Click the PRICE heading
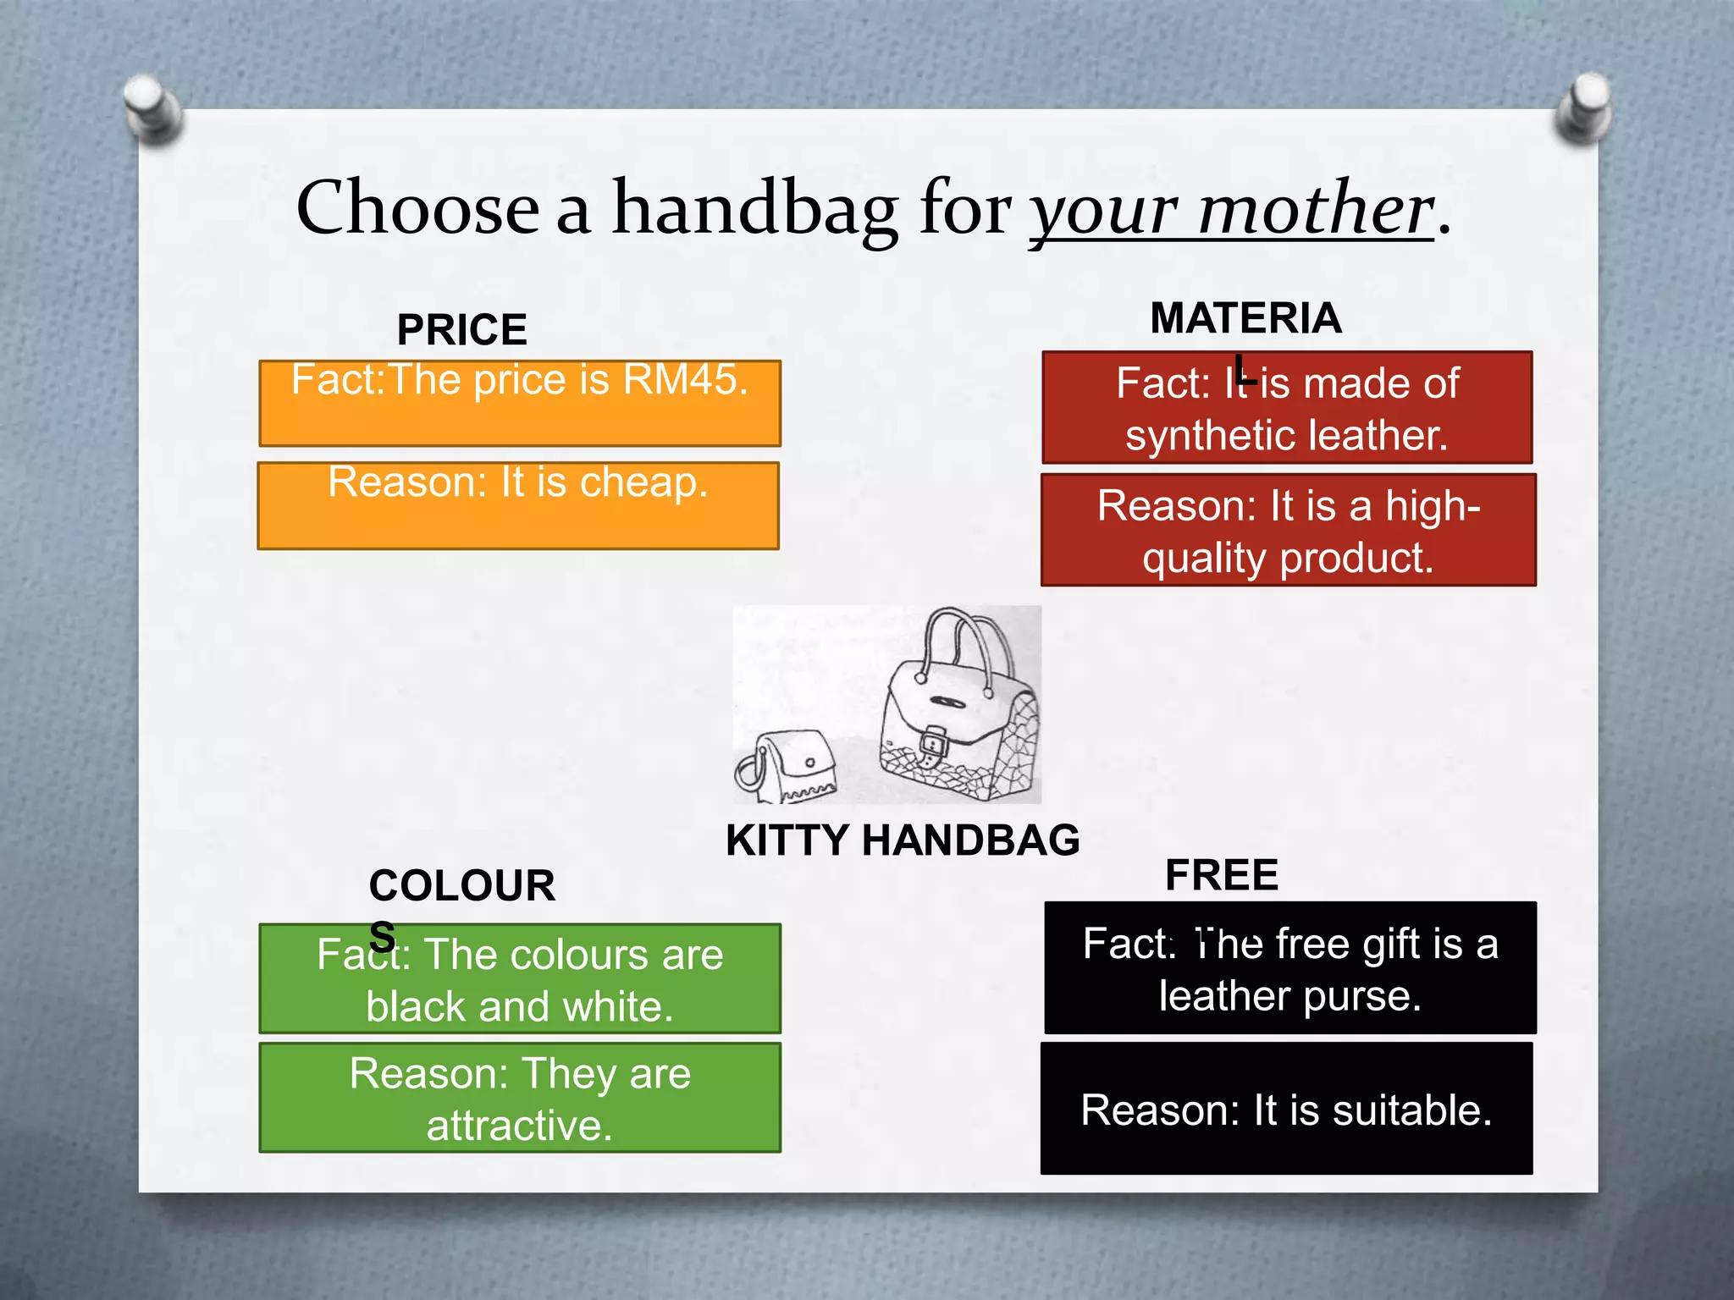461,329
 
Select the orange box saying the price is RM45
519,404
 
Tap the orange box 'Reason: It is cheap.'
518,505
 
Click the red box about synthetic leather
1287,408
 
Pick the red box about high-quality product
1288,531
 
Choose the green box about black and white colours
519,979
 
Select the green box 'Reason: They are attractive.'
519,1098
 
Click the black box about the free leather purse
1289,968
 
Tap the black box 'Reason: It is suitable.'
1286,1109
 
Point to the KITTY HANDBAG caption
903,840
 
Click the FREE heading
1221,875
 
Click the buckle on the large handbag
931,744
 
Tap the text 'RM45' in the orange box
685,380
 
